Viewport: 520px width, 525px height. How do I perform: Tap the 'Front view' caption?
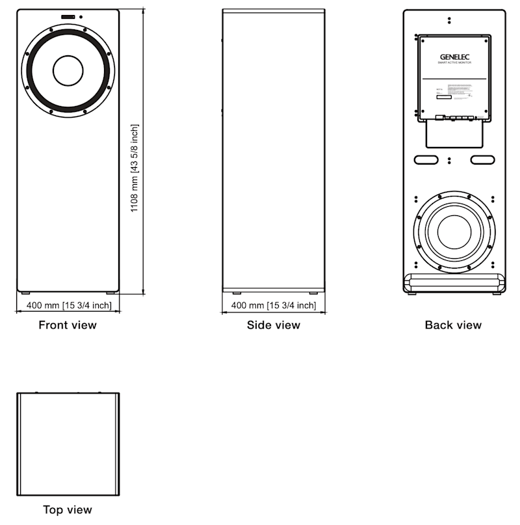(68, 325)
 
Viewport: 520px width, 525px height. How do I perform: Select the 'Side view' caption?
(274, 325)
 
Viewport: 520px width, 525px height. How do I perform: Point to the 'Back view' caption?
(454, 325)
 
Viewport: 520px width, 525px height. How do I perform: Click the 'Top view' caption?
(68, 509)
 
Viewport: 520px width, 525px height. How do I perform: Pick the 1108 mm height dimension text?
(135, 168)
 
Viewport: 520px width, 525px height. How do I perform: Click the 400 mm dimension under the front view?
(68, 305)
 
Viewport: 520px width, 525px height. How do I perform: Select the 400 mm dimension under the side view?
(274, 305)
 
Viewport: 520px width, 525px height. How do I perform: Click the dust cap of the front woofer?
(68, 70)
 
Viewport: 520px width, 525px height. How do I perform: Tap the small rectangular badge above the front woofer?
(68, 16)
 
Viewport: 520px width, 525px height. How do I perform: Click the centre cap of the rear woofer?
(454, 232)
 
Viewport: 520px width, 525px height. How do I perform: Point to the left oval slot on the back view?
(425, 159)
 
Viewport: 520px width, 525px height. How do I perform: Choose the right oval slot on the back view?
(482, 159)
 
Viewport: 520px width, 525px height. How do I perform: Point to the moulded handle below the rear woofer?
(454, 282)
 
